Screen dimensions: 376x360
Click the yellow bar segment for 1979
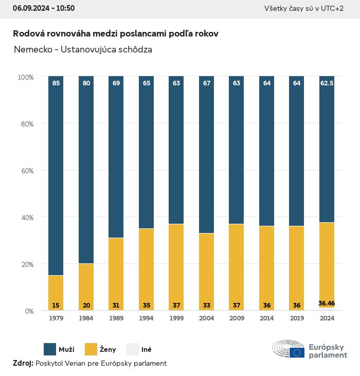click(x=56, y=293)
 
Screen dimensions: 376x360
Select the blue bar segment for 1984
click(x=86, y=170)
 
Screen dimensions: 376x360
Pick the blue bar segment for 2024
click(x=327, y=149)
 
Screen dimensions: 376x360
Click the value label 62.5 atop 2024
click(x=327, y=83)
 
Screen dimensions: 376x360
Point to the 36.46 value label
click(x=327, y=303)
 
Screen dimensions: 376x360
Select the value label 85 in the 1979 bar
click(x=56, y=83)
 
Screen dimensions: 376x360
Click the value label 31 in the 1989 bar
click(x=116, y=306)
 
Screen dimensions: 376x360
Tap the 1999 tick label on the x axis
click(x=176, y=319)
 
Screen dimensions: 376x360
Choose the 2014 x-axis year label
click(x=266, y=319)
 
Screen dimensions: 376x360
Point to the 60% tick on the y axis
click(x=26, y=171)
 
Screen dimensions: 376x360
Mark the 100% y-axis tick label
click(x=25, y=77)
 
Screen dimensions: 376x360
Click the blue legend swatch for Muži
click(x=50, y=349)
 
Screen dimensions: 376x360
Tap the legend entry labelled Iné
click(x=146, y=350)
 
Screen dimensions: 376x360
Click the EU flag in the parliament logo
click(x=297, y=352)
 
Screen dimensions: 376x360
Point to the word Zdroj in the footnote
click(x=23, y=363)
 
